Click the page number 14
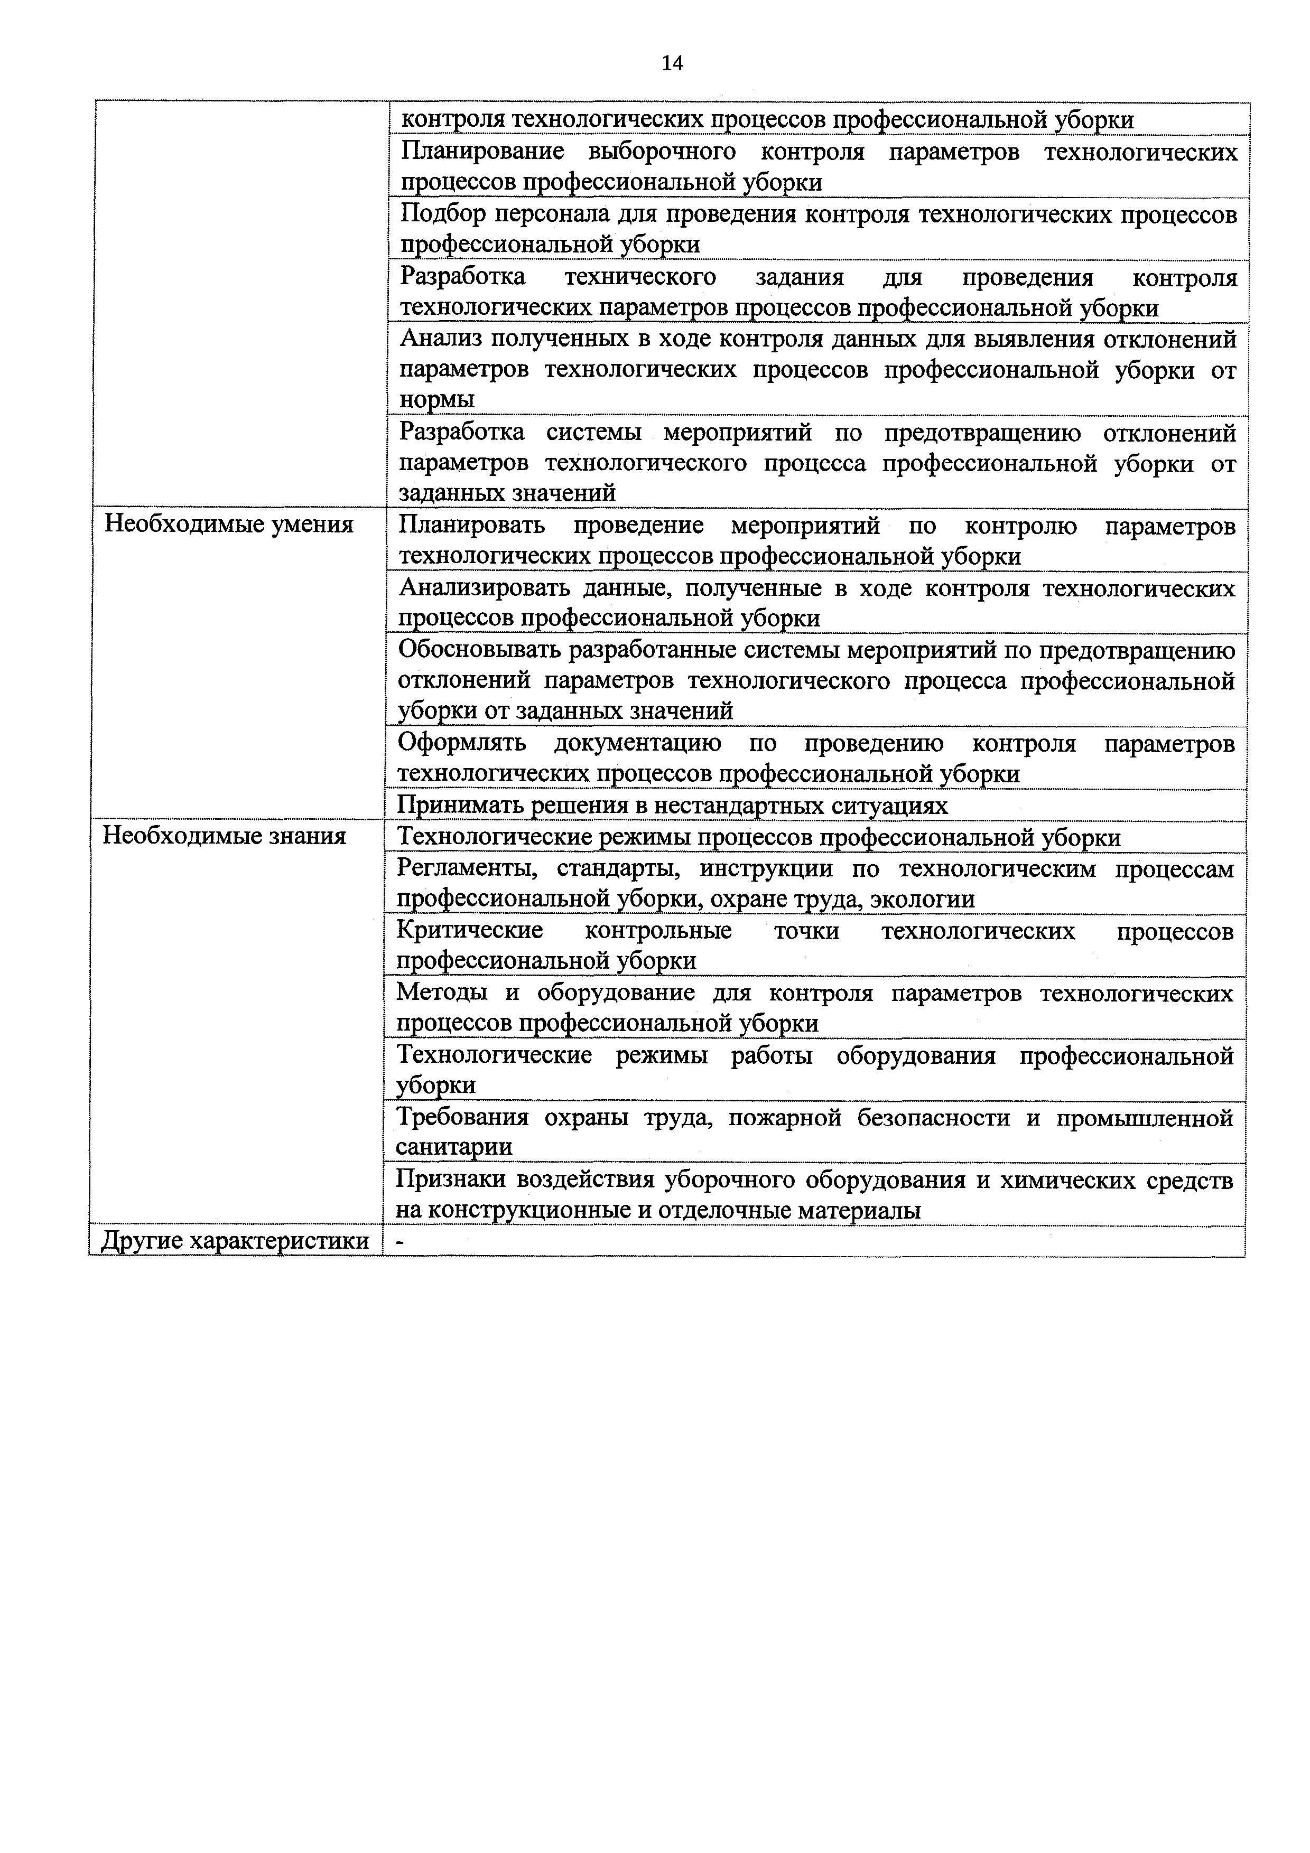pos(672,63)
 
